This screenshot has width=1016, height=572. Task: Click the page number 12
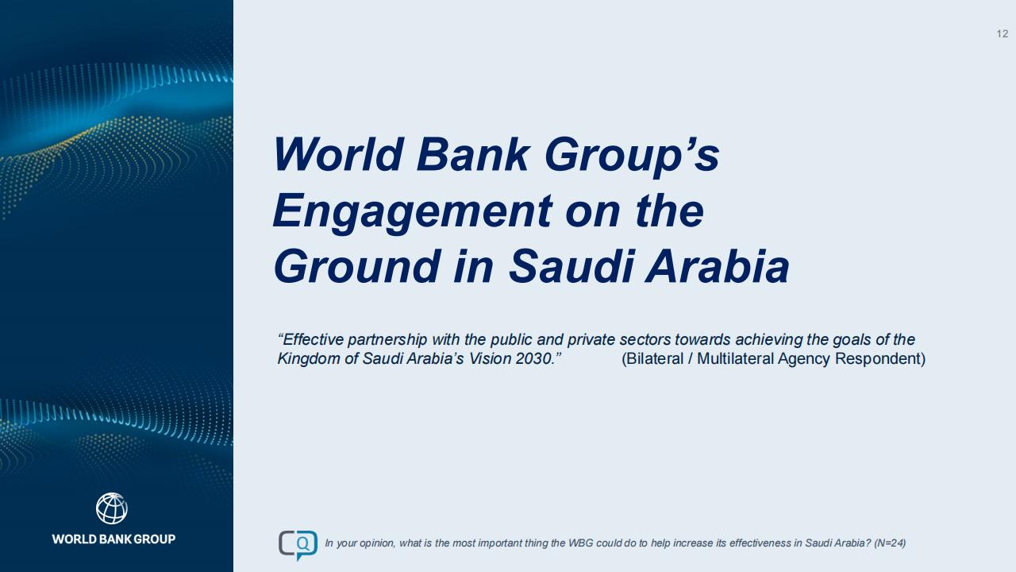coord(1002,33)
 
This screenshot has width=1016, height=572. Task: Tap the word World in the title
coord(338,154)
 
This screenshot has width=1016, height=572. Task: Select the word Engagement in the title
coord(412,211)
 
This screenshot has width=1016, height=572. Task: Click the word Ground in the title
coord(357,266)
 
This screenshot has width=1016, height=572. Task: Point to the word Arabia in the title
coord(718,266)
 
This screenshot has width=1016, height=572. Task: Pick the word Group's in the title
coord(632,155)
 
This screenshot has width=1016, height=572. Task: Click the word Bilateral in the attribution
coord(652,358)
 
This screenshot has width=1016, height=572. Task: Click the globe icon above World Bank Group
coord(112,508)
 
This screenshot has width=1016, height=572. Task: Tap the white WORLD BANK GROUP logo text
coord(114,539)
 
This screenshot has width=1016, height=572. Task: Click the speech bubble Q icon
coord(298,545)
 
